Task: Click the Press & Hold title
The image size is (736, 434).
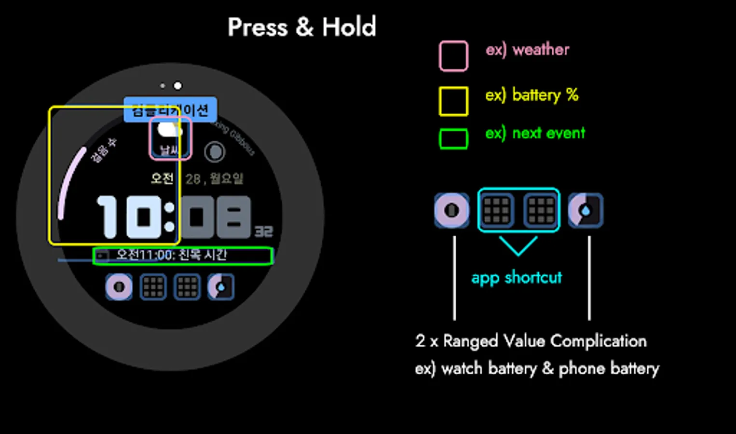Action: click(301, 27)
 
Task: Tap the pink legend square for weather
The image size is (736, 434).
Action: click(453, 56)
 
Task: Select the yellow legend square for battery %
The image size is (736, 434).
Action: click(453, 101)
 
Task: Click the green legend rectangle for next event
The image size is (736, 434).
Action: click(453, 139)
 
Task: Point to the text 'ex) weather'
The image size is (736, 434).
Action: click(527, 50)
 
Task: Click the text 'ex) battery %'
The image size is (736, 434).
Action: click(532, 95)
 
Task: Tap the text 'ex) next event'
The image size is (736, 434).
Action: click(535, 133)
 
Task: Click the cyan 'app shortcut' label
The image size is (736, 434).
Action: click(517, 278)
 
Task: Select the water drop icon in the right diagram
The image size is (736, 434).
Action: click(586, 211)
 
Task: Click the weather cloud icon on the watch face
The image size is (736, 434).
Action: click(170, 130)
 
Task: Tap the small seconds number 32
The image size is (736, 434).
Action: click(263, 232)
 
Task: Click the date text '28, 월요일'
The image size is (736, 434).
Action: click(214, 179)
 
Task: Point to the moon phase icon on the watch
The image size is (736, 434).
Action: click(215, 152)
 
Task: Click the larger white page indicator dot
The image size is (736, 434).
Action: click(178, 86)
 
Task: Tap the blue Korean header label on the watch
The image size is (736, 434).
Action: click(170, 110)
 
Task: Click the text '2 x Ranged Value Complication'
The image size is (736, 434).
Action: click(531, 341)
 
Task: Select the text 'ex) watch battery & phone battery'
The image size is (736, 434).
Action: click(537, 369)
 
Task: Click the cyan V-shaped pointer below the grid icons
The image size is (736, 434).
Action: click(518, 245)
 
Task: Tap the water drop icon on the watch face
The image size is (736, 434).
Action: click(221, 287)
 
